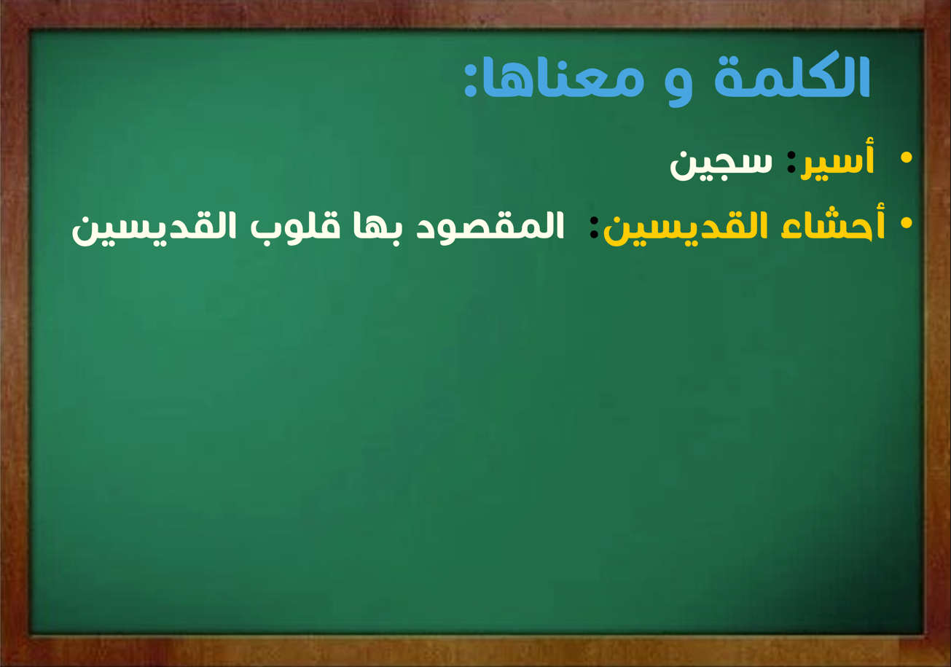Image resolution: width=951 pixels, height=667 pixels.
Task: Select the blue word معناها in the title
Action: [x=563, y=79]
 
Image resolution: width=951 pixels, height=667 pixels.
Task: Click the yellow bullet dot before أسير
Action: [x=906, y=157]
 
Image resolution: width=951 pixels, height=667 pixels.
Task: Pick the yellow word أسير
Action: [x=837, y=160]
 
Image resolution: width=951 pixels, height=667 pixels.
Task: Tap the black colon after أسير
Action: [x=791, y=162]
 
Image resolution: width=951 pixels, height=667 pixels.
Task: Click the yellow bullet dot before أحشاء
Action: [x=906, y=223]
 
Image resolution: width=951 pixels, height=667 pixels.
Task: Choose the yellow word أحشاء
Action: [x=833, y=222]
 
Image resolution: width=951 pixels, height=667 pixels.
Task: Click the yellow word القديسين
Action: [x=686, y=227]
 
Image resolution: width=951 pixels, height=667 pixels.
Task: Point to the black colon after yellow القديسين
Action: [x=594, y=227]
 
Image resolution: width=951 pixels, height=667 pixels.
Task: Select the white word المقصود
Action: [x=490, y=227]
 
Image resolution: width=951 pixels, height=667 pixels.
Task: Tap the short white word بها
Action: [x=378, y=228]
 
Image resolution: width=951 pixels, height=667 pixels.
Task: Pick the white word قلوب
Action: [x=295, y=227]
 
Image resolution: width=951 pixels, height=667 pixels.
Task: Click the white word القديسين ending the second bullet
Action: [x=154, y=227]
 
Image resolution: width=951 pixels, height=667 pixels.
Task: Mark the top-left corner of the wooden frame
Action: [x=1, y=1]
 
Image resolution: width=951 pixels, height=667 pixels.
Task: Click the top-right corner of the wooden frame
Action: [x=950, y=1]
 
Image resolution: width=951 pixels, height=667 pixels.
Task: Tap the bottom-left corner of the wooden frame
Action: [x=1, y=666]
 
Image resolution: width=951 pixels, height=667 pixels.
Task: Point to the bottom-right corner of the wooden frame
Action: [x=950, y=666]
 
